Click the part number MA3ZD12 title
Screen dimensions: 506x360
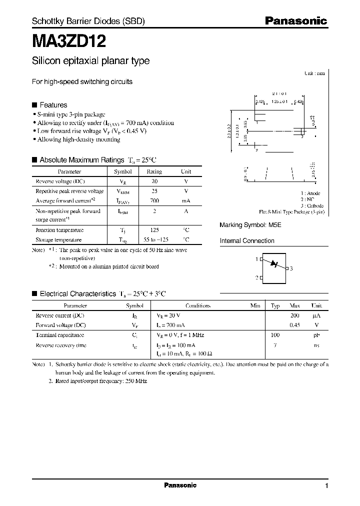(68, 40)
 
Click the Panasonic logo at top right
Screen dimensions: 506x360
(295, 21)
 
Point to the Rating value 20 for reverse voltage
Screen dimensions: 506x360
(154, 181)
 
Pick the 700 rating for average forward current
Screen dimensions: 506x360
(154, 200)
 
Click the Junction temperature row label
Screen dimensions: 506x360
(59, 230)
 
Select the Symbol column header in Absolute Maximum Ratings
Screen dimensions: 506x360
(122, 171)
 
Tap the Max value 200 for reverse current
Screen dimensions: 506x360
(294, 316)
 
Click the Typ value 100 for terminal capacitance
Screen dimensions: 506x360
(275, 335)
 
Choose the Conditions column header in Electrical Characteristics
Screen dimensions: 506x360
(198, 305)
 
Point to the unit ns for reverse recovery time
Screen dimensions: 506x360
(316, 345)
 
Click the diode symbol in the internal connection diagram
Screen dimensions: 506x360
(273, 263)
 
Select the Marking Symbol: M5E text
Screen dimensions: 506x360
(250, 225)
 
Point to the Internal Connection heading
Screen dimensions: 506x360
(247, 241)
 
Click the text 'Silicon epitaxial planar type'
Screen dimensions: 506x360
(90, 61)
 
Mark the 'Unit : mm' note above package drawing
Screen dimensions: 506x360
(314, 73)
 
